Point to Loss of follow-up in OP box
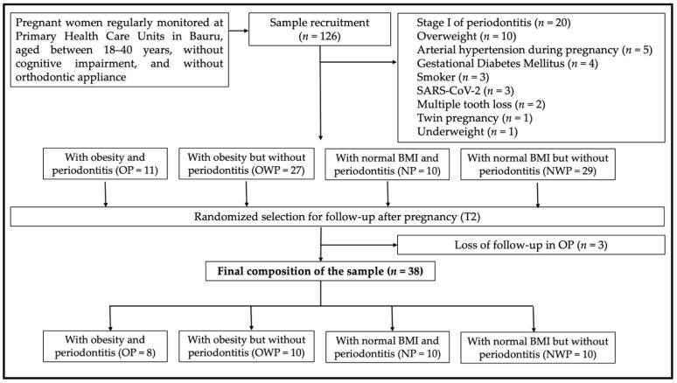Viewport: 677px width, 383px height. click(x=531, y=246)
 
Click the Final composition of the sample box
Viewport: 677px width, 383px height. click(x=325, y=270)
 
